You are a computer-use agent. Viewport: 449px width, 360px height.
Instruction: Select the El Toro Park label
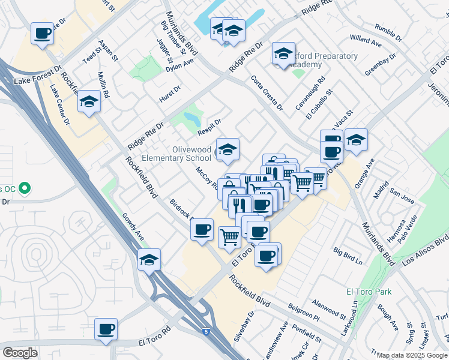tap(369, 292)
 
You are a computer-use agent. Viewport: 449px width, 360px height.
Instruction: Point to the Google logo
tap(20, 353)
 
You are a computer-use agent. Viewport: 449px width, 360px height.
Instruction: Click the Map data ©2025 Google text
tap(412, 355)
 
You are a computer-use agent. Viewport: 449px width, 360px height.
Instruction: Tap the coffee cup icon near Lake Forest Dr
tap(42, 34)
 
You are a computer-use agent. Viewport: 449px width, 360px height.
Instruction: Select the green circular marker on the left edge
tap(24, 189)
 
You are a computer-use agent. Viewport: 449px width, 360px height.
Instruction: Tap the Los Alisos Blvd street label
tap(425, 256)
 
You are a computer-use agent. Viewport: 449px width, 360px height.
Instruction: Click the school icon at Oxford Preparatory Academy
tap(283, 54)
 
